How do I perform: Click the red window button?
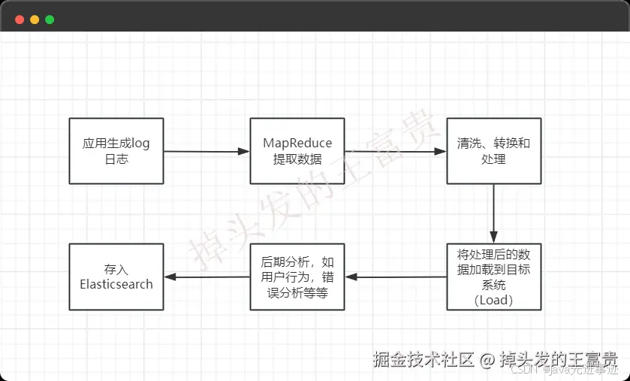pyautogui.click(x=20, y=20)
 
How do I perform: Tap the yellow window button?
pyautogui.click(x=35, y=20)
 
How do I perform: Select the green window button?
pyautogui.click(x=50, y=20)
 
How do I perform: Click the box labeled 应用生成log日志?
pyautogui.click(x=116, y=151)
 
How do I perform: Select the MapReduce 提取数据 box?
pyautogui.click(x=297, y=151)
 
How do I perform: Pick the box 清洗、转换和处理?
pyautogui.click(x=493, y=151)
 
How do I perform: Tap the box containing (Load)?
pyautogui.click(x=493, y=277)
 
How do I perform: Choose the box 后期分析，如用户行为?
pyautogui.click(x=297, y=277)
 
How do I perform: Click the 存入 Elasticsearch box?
pyautogui.click(x=116, y=277)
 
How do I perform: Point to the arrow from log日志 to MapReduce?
pyautogui.click(x=206, y=152)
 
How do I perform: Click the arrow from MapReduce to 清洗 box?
pyautogui.click(x=396, y=151)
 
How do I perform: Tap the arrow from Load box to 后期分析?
pyautogui.click(x=396, y=277)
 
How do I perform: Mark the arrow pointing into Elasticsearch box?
pyautogui.click(x=206, y=277)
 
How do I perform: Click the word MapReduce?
pyautogui.click(x=297, y=144)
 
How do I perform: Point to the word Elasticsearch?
pyautogui.click(x=116, y=285)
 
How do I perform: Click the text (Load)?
pyautogui.click(x=493, y=300)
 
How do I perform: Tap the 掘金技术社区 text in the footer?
pyautogui.click(x=424, y=359)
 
